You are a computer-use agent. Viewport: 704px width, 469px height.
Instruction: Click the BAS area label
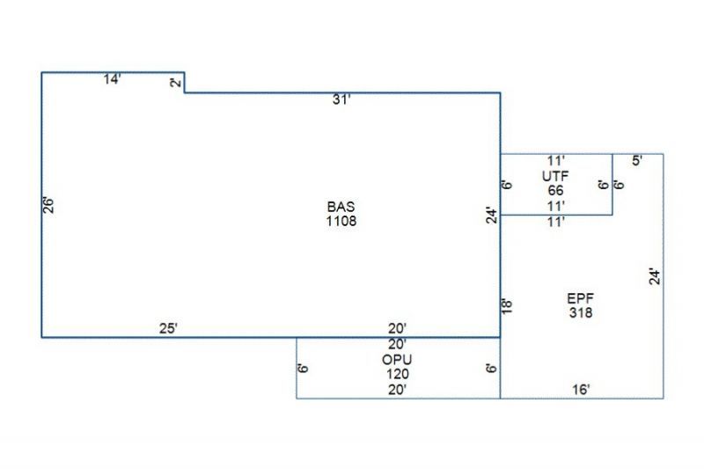[341, 208]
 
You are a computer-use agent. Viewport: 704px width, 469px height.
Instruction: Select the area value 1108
[341, 221]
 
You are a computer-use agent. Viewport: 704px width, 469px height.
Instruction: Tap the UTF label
[555, 176]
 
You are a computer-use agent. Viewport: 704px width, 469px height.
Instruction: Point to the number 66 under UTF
[555, 190]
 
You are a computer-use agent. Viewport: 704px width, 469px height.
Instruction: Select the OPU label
[397, 359]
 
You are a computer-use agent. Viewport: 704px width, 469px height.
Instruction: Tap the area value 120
[397, 373]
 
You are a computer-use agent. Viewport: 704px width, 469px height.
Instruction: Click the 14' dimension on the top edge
[112, 80]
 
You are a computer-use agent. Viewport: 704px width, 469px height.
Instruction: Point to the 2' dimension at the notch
[176, 83]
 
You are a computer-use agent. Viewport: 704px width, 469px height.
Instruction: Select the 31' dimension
[341, 100]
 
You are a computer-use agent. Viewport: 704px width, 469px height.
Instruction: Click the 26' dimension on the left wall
[50, 204]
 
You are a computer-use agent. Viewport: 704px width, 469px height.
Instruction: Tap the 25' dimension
[169, 328]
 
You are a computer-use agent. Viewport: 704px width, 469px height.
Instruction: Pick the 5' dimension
[637, 161]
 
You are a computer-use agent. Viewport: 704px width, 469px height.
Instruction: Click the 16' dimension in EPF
[581, 389]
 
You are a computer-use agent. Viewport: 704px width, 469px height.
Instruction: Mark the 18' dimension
[507, 306]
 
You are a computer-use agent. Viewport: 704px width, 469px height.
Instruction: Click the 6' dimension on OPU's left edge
[303, 368]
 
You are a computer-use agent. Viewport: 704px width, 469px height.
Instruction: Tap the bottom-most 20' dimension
[397, 389]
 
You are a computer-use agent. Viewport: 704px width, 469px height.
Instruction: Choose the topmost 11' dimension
[555, 161]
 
